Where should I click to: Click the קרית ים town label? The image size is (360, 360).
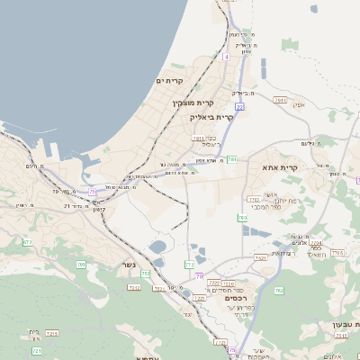170,81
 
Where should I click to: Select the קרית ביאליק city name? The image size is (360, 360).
212,117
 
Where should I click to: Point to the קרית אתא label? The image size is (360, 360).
279,167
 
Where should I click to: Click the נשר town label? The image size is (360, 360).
129,265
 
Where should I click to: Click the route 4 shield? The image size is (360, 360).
227,57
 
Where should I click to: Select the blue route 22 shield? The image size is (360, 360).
239,107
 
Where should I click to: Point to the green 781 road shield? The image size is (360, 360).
231,159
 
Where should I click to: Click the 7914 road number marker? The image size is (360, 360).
282,101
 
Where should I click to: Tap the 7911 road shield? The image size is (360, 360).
198,139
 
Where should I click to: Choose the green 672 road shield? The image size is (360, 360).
27,242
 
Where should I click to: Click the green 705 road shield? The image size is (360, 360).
81,264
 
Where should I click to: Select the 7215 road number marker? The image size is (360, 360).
51,333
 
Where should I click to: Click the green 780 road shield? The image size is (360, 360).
242,218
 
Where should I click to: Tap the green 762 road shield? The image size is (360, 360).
279,291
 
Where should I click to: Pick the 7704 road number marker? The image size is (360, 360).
315,242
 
